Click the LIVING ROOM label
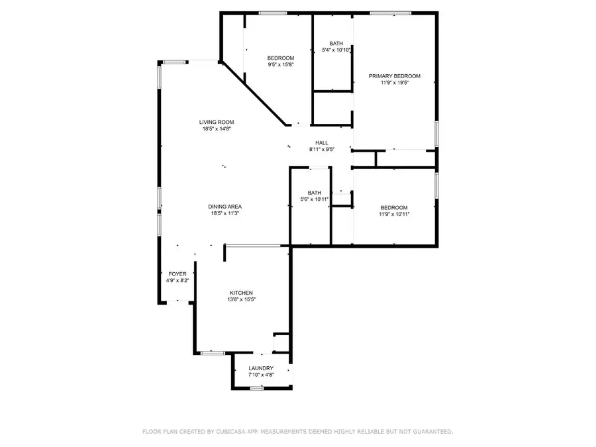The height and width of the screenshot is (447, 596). coord(217,122)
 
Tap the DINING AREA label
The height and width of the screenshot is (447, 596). coord(225,207)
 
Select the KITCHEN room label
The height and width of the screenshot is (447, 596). coord(241,293)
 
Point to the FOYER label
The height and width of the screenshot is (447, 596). coord(177,273)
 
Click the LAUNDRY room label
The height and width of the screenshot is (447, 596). coord(261,368)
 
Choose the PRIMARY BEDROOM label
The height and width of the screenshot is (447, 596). coord(395,76)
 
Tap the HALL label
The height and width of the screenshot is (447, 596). coord(322,142)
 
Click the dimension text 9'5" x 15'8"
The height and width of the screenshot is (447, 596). coord(281,65)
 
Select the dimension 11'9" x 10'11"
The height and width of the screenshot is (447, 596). coord(394,214)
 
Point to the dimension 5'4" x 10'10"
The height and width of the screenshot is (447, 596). coord(336,50)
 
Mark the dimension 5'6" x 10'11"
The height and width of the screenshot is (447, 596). coord(315,199)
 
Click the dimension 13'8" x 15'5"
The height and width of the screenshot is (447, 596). coord(241,299)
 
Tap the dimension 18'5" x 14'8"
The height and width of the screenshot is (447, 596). coord(217,129)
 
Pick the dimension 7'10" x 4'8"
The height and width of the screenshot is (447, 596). coord(261,375)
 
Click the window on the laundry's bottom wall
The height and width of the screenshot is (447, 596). coord(257,387)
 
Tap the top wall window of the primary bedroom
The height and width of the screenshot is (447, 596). coord(390,13)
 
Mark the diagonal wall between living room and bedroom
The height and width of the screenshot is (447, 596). coord(254,93)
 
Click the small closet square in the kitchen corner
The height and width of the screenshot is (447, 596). coord(281,342)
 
